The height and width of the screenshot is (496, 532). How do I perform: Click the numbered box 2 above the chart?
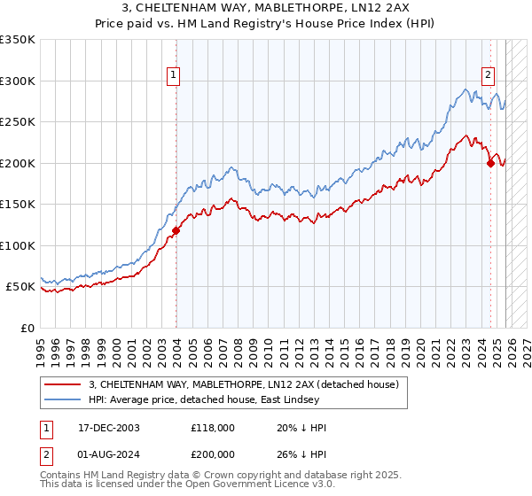tap(488, 76)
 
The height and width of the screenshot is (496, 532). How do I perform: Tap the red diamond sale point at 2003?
tap(176, 230)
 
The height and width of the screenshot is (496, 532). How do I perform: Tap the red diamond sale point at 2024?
tap(490, 163)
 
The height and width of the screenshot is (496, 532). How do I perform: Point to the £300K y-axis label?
tap(18, 81)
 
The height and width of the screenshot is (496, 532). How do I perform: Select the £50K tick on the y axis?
tap(20, 287)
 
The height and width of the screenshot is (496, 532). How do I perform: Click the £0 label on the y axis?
tap(27, 329)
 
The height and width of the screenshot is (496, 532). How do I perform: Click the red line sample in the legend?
tap(63, 384)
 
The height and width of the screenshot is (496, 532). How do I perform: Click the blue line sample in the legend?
tap(63, 399)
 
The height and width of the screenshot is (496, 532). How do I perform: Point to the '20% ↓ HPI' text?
tap(301, 428)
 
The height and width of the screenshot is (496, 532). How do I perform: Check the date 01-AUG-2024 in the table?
tap(103, 454)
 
